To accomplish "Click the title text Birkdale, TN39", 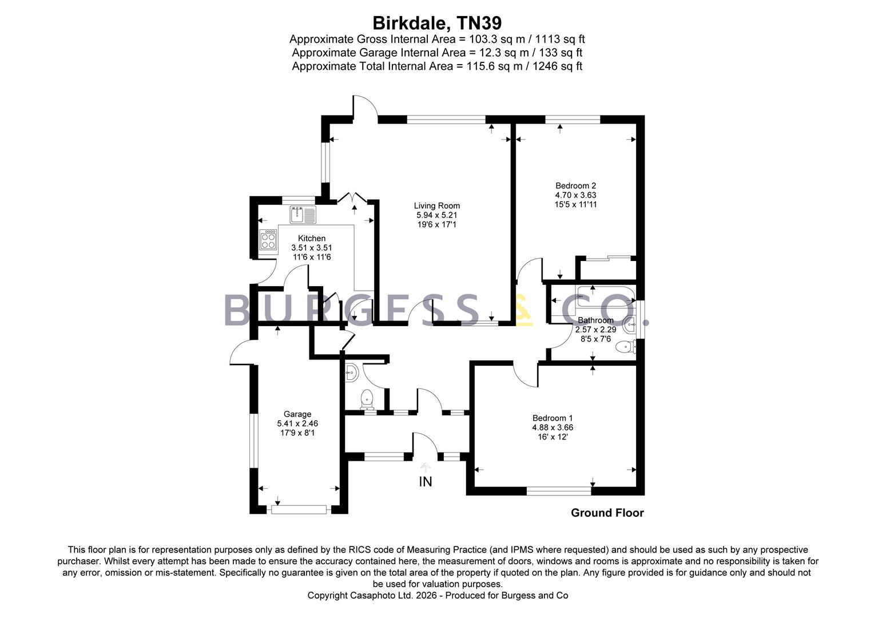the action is [437, 23].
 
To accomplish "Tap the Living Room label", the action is [436, 206].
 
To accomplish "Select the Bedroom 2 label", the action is [575, 186].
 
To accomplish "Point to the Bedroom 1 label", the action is [553, 418].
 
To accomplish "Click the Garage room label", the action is [297, 414].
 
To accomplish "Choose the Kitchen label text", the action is [311, 238].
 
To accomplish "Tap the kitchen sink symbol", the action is [303, 215].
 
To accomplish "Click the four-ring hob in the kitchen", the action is [268, 240].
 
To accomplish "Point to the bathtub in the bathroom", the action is [606, 296].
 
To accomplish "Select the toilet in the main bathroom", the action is [626, 346].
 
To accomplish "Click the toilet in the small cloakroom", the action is [367, 399].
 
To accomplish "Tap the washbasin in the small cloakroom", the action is [352, 373].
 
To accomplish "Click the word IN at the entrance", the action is [426, 482].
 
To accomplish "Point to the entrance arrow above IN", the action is [426, 468].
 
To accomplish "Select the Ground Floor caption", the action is [607, 513].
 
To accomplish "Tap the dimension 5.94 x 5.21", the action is [436, 215].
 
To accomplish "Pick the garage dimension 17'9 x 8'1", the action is [297, 433].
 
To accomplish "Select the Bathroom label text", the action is [595, 320].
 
